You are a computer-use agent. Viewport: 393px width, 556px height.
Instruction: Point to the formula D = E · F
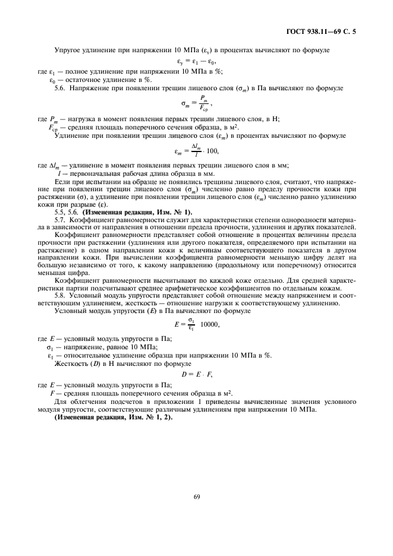(x=196, y=374)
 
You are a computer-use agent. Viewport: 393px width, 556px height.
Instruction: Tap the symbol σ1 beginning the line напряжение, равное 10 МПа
(x=51, y=346)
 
